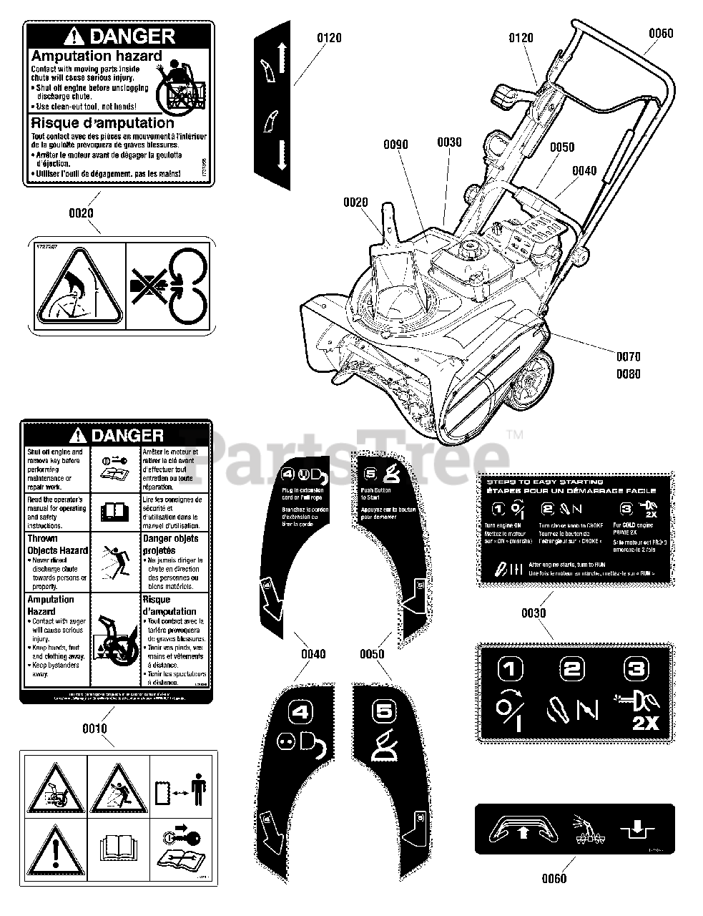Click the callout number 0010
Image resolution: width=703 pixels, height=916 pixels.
[x=94, y=729]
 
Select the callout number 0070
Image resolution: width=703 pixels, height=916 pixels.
[x=626, y=356]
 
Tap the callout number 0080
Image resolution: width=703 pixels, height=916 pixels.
[x=626, y=374]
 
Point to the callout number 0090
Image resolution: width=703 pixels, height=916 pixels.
[x=395, y=145]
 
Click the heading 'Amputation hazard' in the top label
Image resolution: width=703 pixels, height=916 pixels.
[x=97, y=56]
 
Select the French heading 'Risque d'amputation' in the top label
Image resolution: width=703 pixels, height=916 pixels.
[x=102, y=123]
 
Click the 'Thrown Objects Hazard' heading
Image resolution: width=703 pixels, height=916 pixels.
[x=57, y=544]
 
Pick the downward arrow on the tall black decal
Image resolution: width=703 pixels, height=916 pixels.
[x=281, y=154]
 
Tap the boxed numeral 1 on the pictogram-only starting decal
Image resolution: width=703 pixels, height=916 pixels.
[x=510, y=670]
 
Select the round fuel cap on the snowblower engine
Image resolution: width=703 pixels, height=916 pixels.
[x=470, y=250]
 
